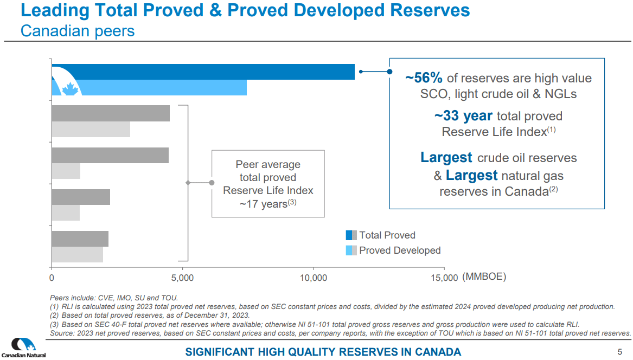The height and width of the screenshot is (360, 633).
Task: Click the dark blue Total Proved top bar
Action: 217,72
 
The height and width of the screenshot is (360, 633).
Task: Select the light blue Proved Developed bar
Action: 163,87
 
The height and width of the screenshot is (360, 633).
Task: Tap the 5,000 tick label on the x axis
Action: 182,278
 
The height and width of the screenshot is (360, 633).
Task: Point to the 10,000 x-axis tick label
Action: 313,278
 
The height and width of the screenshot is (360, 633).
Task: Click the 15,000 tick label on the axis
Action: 444,278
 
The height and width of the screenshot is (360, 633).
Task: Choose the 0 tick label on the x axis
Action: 52,278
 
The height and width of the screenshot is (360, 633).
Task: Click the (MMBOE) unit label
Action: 484,277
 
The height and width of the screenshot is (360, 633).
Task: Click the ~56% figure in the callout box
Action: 424,78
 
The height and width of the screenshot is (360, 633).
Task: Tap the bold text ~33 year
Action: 463,116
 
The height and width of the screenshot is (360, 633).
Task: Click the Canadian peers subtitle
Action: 78,31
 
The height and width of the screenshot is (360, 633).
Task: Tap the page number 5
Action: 620,351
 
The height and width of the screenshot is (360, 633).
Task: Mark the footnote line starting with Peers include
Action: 114,298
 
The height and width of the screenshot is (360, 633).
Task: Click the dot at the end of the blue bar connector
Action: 389,71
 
